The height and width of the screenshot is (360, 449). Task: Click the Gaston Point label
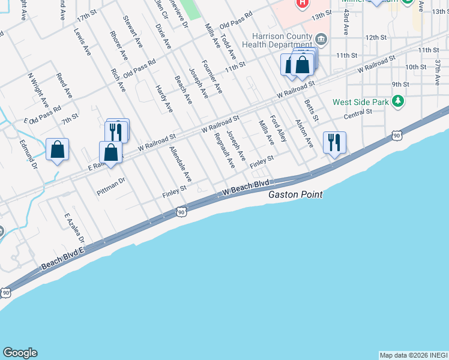coord(295,194)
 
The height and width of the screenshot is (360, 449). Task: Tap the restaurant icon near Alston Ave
coord(334,142)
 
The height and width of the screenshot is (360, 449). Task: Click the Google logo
coord(20,353)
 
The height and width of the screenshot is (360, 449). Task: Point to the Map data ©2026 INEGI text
coord(413,355)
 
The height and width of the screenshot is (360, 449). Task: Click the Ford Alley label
coord(278,128)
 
